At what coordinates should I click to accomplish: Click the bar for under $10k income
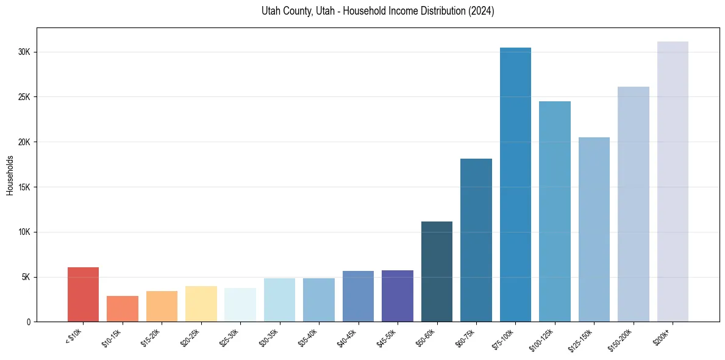pos(83,295)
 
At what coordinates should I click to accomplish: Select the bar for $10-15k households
pos(123,309)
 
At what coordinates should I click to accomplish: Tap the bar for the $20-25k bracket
pos(201,304)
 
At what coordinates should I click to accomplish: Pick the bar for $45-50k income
pos(398,296)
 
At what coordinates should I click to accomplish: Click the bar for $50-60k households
pos(437,272)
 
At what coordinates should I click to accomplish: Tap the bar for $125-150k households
pos(594,229)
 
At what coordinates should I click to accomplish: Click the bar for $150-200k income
pos(634,204)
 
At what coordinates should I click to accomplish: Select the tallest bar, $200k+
pos(673,182)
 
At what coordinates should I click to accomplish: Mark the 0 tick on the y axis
pos(29,322)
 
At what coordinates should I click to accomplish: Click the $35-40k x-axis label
pos(310,337)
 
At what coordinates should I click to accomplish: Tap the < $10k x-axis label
pos(74,336)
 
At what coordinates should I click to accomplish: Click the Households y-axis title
pos(10,175)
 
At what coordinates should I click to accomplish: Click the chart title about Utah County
pos(377,12)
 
